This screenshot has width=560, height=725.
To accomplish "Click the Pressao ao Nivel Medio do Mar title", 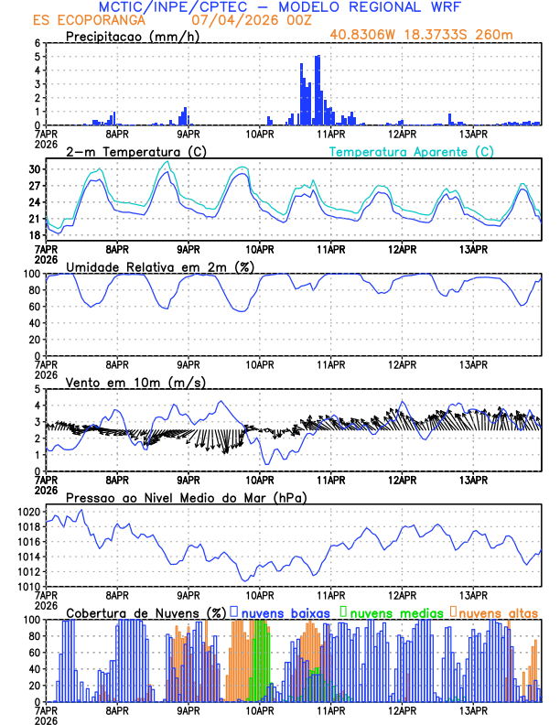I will (186, 497).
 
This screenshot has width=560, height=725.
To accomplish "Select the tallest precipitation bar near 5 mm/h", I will (318, 90).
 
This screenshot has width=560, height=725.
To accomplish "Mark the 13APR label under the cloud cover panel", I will (473, 710).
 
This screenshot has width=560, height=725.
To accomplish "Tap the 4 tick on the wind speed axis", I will (38, 406).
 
